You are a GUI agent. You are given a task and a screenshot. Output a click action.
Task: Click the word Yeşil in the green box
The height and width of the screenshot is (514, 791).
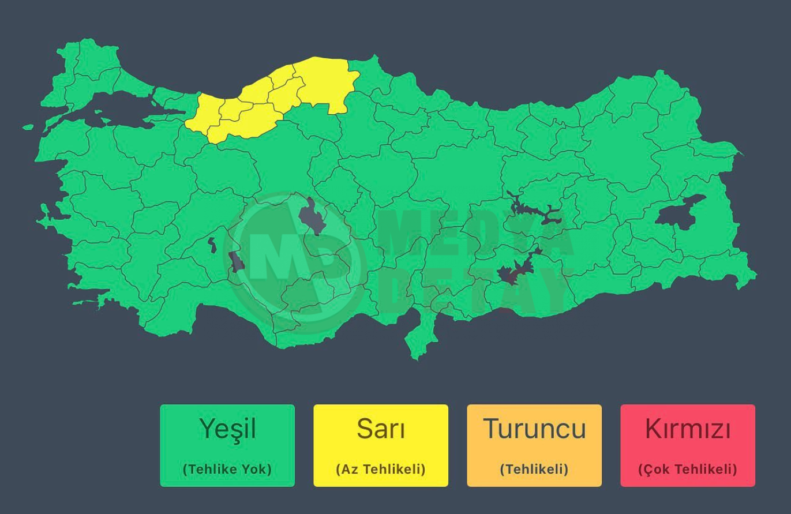tap(227, 429)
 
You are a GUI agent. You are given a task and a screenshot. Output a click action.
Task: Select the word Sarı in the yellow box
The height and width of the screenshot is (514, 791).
tap(381, 429)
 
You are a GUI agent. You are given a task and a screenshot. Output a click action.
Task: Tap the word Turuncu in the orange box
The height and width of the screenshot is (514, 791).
tap(534, 429)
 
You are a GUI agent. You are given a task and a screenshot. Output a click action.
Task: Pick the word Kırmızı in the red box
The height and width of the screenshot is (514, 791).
tap(688, 429)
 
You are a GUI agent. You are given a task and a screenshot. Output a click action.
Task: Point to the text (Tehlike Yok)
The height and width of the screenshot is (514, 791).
tap(227, 469)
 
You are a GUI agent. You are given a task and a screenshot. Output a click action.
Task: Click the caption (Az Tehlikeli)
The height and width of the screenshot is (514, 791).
tap(381, 469)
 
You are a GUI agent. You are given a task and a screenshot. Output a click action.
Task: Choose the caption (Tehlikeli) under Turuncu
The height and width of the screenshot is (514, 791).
tap(534, 469)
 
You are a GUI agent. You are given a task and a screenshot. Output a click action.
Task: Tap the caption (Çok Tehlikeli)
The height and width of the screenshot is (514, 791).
tap(688, 469)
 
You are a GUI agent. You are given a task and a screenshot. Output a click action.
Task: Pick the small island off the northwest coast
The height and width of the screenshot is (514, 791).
tap(28, 126)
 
